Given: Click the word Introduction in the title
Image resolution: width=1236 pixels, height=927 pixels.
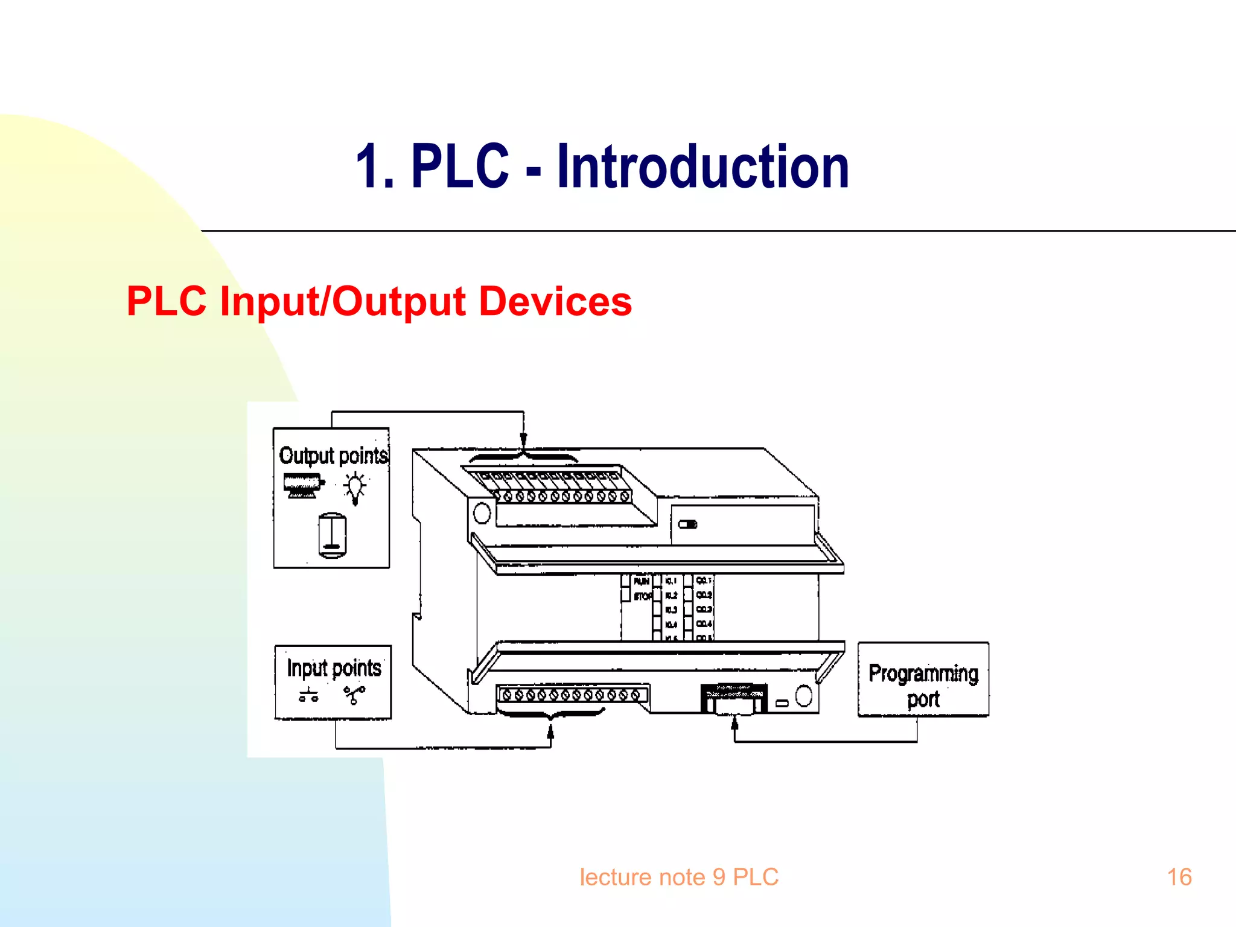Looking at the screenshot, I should tap(702, 167).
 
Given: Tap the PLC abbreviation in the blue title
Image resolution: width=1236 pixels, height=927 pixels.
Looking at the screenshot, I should tap(460, 167).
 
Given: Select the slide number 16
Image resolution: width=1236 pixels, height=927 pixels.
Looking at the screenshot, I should tap(1179, 877).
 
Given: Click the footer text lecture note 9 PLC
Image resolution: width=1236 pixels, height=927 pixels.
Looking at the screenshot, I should tap(679, 877).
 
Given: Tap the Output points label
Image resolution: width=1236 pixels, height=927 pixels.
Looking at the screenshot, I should tap(333, 456).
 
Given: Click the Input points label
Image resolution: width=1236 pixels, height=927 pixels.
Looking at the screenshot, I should tap(334, 668).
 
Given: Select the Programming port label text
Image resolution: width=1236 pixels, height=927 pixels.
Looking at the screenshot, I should tap(923, 686).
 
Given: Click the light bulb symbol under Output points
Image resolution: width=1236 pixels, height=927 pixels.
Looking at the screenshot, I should tap(355, 487).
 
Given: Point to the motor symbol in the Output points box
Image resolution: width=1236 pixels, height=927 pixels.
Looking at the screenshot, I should tap(303, 485).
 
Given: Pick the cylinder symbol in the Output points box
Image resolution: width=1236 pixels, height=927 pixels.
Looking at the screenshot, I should tap(332, 535).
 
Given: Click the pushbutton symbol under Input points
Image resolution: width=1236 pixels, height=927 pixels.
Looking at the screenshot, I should tap(308, 695).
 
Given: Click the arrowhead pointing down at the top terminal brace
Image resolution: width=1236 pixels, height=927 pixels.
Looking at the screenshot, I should tap(523, 440).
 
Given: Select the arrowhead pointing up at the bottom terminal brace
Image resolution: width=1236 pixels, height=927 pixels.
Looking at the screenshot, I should tap(550, 732).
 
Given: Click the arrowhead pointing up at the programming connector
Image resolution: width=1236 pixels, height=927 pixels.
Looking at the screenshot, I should tap(734, 723).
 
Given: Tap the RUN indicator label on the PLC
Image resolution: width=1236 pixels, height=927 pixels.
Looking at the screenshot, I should tap(641, 581).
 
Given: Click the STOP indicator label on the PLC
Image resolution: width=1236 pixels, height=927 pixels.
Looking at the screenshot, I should tap(642, 596).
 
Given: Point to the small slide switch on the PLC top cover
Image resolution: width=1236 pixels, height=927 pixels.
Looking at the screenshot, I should tap(687, 524).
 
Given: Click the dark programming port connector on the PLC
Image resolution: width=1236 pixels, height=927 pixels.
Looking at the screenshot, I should tap(734, 698).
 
